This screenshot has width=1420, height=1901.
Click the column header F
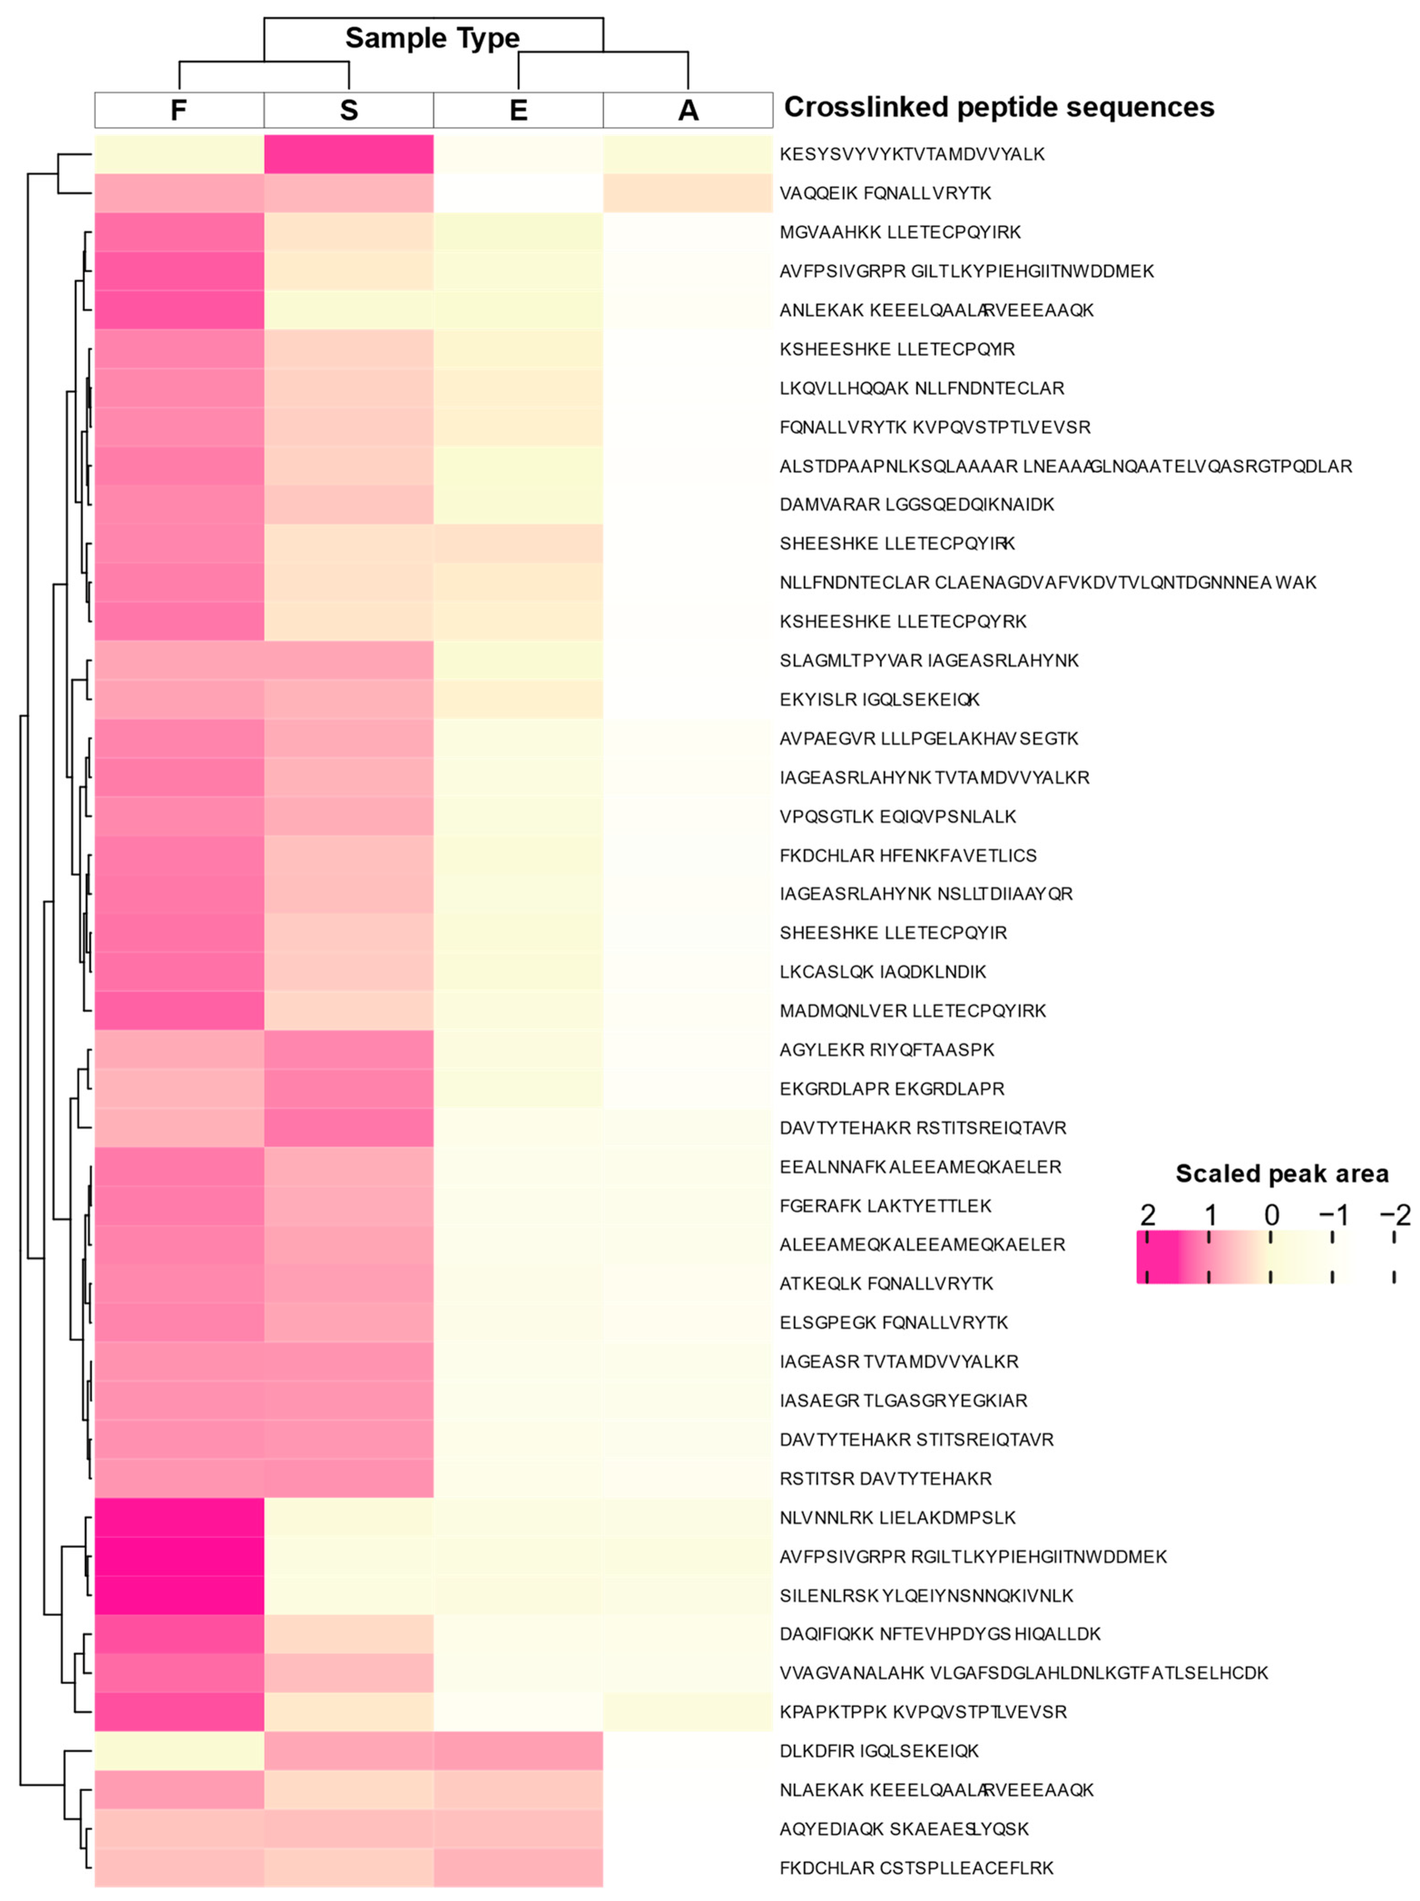tap(179, 110)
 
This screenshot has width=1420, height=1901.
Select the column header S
tap(348, 110)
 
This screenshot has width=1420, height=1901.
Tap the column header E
tap(518, 110)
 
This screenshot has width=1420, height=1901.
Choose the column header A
tap(688, 110)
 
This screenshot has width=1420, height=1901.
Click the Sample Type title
tap(432, 38)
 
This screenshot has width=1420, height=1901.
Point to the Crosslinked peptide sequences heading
tap(999, 107)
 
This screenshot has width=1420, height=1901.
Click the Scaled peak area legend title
tap(1281, 1173)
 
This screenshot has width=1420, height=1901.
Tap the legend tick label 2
tap(1148, 1215)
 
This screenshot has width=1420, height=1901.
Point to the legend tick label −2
tap(1394, 1215)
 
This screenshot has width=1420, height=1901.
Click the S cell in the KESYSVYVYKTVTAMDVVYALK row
tap(348, 154)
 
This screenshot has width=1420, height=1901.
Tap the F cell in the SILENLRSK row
tap(179, 1595)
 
